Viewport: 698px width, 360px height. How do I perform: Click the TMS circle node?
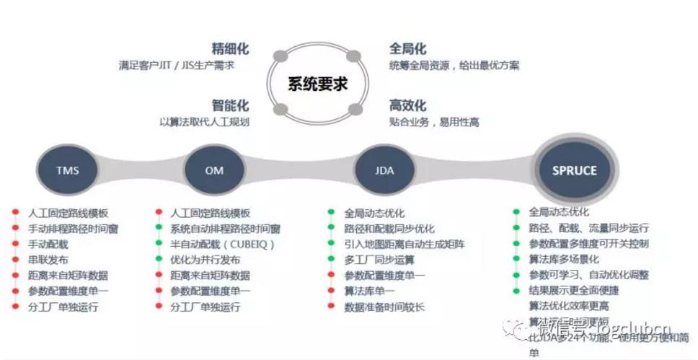(67, 171)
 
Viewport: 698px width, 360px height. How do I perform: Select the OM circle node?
(215, 171)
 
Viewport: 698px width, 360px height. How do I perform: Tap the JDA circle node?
(384, 171)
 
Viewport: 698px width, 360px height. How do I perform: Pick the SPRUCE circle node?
(574, 171)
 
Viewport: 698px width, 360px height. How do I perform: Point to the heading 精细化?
(230, 49)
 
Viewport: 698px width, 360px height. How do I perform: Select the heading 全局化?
(407, 49)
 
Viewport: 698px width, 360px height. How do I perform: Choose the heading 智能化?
(230, 105)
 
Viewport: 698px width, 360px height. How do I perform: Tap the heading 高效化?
(407, 105)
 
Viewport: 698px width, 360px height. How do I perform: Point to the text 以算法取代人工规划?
(204, 122)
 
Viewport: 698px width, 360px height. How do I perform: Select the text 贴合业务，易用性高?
(434, 122)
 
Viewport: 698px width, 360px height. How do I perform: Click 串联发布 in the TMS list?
(48, 260)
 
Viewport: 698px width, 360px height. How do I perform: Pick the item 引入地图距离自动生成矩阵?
(405, 245)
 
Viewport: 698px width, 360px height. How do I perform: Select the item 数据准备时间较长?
(384, 307)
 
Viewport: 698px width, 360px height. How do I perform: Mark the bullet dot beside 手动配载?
(15, 245)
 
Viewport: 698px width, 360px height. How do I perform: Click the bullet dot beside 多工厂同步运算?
(330, 260)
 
